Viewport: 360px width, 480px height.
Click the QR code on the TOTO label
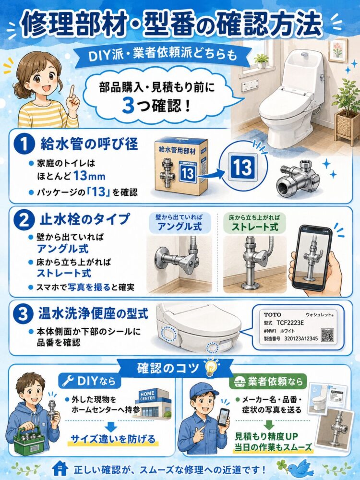(327, 335)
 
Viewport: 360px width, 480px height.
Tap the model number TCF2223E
(290, 323)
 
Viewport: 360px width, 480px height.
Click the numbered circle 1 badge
(23, 144)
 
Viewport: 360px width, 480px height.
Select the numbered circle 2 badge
(23, 220)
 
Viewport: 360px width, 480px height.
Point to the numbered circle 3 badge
(23, 314)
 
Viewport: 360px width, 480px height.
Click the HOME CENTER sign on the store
(147, 396)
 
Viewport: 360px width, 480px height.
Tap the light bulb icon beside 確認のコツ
(211, 368)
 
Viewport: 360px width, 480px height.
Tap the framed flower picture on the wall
(338, 50)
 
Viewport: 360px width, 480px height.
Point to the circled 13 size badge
(243, 167)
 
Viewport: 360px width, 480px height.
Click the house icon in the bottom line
(60, 468)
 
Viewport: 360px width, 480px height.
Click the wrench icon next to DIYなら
(68, 381)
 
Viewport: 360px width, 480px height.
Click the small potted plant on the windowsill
(262, 61)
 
